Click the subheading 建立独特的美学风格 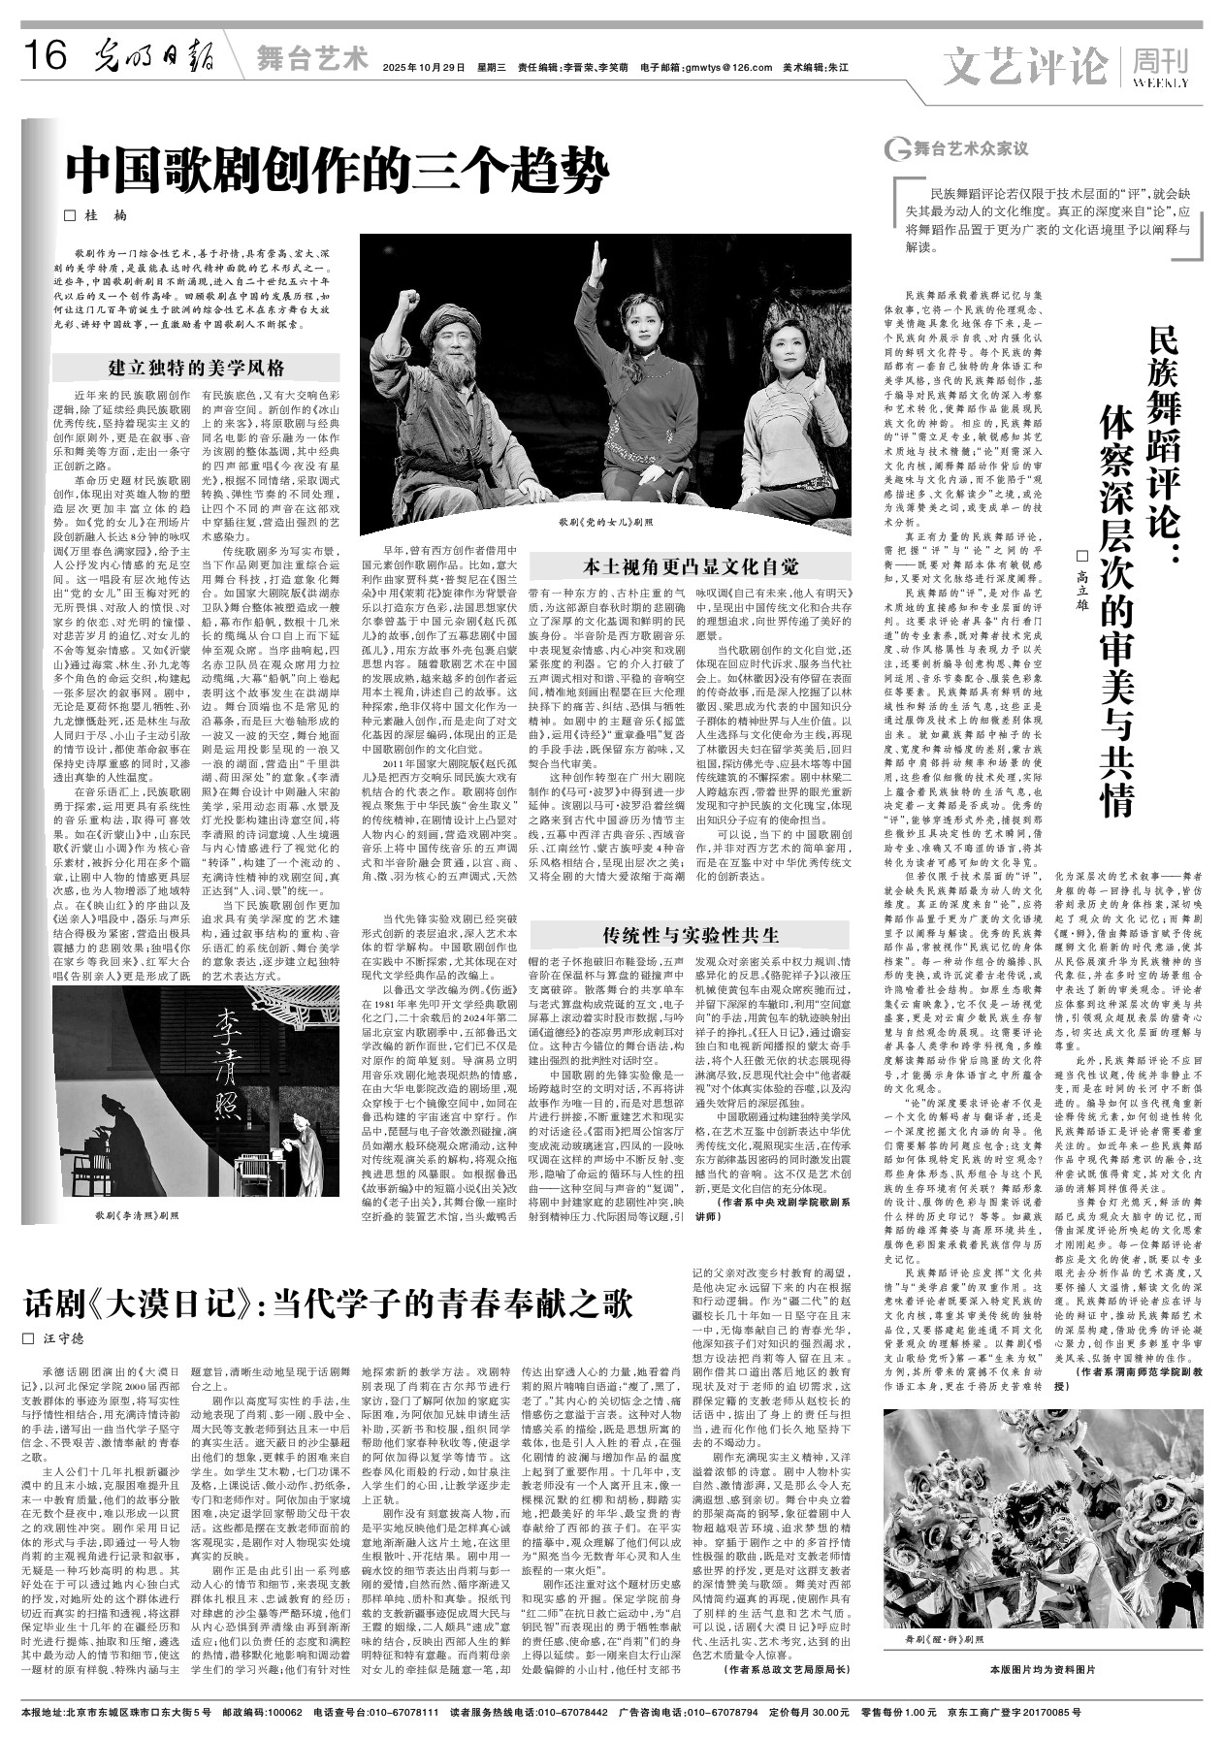point(197,368)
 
